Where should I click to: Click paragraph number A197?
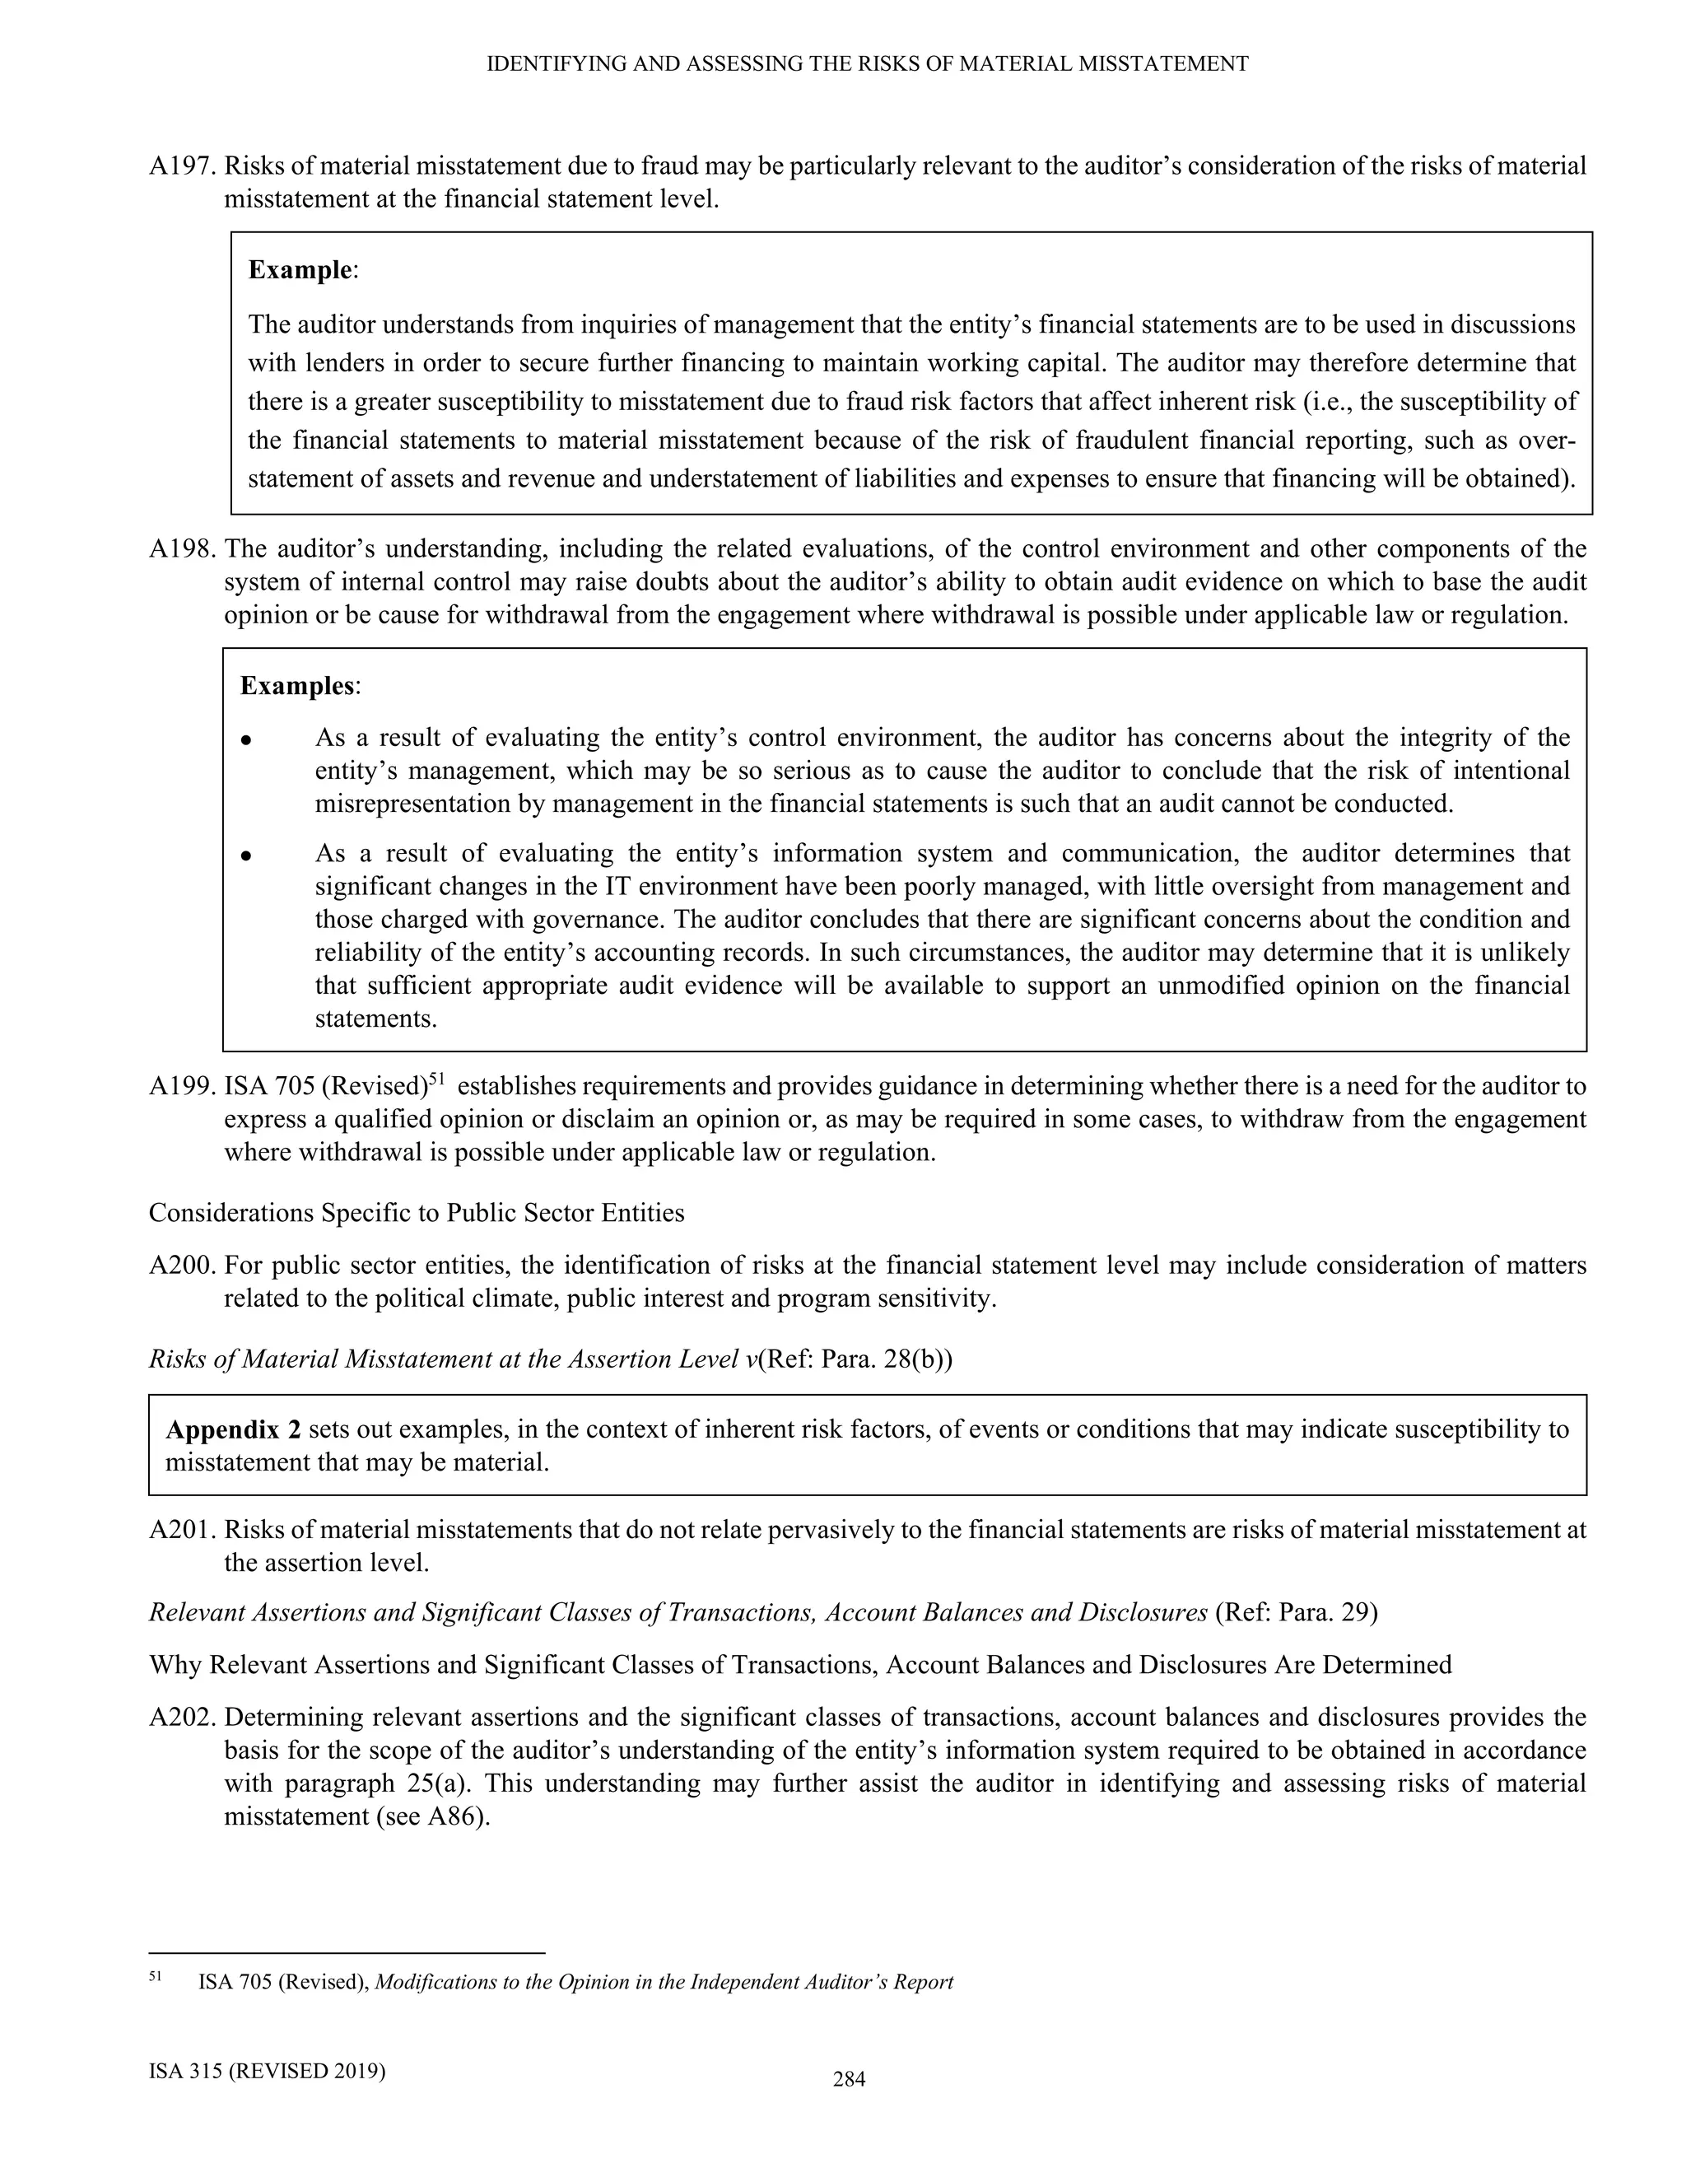pos(183,166)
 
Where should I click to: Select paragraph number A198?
pos(183,548)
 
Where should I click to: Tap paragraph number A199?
pos(183,1086)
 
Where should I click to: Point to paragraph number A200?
pos(183,1266)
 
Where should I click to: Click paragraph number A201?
pos(183,1530)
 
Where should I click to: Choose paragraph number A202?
pos(183,1718)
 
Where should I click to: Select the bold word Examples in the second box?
pos(296,687)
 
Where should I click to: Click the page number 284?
pos(849,2080)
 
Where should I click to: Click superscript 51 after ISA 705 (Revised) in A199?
pos(435,1078)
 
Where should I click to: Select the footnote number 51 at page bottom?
pos(155,1976)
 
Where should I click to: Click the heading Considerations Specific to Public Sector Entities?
pos(417,1213)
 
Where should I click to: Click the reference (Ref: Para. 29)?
pos(1296,1612)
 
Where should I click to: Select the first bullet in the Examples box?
pos(245,741)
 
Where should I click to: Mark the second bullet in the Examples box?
pos(245,856)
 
